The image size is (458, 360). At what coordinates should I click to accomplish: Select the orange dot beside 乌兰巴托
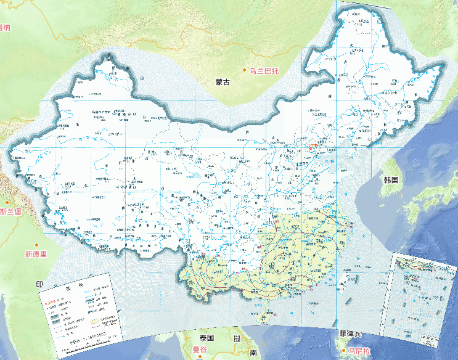(x=244, y=71)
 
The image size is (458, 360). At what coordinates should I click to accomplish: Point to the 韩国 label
(x=391, y=181)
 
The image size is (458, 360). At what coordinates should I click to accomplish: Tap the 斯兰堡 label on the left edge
(x=10, y=212)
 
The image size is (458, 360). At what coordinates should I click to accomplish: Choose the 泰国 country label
(x=206, y=338)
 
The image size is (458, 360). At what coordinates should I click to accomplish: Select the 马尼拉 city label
(x=358, y=351)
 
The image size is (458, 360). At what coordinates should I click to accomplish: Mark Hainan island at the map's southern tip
(x=265, y=317)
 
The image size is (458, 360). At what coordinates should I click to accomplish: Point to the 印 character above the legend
(x=40, y=284)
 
